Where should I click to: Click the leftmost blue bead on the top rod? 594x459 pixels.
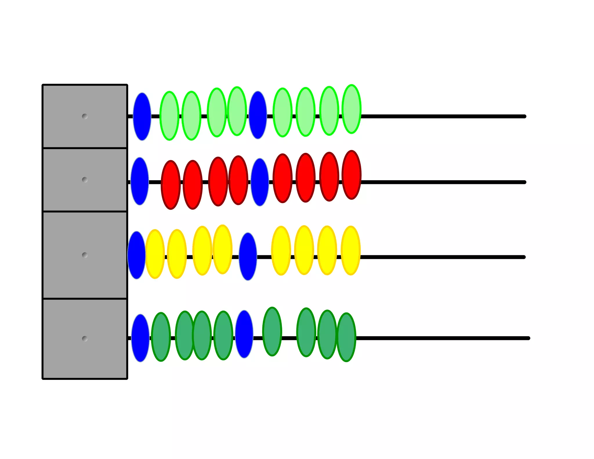(x=142, y=117)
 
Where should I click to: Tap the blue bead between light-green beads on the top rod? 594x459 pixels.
(x=258, y=115)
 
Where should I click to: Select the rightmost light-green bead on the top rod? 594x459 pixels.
(x=352, y=109)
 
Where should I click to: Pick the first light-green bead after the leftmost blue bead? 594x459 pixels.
(x=169, y=116)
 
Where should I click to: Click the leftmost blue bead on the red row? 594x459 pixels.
(x=140, y=181)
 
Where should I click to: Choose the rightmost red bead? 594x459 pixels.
(x=352, y=175)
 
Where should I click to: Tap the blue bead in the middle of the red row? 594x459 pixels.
(x=260, y=182)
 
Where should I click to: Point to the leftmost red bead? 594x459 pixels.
(x=171, y=185)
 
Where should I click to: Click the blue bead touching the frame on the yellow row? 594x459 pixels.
(x=136, y=255)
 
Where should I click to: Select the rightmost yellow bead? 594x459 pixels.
(x=351, y=250)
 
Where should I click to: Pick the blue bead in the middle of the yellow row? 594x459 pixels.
(x=248, y=256)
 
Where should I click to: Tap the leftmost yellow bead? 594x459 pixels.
(x=155, y=254)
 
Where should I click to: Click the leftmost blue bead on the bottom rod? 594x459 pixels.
(x=140, y=338)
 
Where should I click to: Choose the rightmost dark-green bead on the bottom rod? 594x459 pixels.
(x=346, y=337)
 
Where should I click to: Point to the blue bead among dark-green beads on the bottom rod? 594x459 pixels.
(x=244, y=334)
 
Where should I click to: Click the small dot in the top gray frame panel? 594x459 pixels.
(x=85, y=116)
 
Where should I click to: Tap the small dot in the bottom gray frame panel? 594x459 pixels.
(x=85, y=339)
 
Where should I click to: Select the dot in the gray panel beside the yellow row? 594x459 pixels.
(x=85, y=255)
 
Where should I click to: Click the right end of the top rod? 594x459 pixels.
(x=524, y=116)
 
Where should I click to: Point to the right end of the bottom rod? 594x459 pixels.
(x=528, y=338)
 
